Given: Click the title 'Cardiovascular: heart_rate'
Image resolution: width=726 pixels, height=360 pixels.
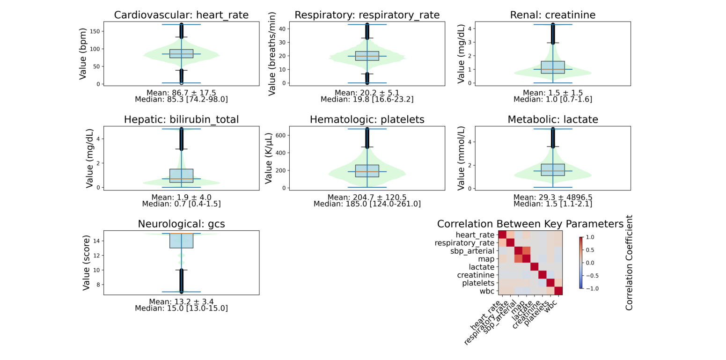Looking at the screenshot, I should [181, 15].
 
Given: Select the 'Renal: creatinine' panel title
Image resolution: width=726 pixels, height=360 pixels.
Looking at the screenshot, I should [552, 15].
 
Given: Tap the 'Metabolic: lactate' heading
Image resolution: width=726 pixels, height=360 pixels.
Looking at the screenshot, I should [552, 119].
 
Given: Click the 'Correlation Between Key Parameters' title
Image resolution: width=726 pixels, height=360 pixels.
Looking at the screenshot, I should [530, 224].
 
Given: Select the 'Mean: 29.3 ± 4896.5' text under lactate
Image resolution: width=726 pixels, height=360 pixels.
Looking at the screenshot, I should [552, 198].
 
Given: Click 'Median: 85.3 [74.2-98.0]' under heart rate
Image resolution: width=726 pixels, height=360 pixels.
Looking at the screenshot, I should [181, 99].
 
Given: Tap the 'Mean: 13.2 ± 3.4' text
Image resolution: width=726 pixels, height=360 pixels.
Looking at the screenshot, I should [181, 302].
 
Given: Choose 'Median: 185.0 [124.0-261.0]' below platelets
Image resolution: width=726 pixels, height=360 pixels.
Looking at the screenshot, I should [367, 204].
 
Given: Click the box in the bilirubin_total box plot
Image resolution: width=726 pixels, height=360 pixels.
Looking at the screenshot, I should [181, 176].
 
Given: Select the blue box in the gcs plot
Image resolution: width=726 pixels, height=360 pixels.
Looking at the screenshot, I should [181, 241].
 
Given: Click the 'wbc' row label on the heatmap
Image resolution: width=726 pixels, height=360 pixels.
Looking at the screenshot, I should [487, 291].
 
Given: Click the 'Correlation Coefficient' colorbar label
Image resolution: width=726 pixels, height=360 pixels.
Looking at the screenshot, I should [629, 262].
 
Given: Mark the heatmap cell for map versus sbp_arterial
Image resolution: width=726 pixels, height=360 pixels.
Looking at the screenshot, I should [518, 259].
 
